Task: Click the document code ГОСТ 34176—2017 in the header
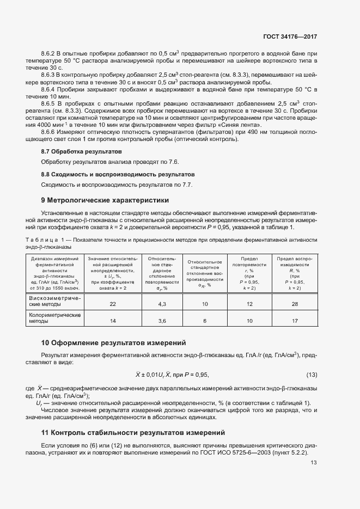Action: coord(290,37)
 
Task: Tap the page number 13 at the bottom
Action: coord(313,463)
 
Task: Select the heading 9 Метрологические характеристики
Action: coord(105,200)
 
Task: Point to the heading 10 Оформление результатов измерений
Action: coord(113,343)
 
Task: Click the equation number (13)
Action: coord(312,375)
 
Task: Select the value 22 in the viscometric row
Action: coord(113,304)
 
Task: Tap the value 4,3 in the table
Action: coord(162,304)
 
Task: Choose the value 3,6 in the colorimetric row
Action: coord(162,321)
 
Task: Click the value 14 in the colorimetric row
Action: coord(113,321)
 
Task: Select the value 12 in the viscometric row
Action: coord(250,304)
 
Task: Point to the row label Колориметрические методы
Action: coord(54,318)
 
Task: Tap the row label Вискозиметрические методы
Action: coord(54,301)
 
